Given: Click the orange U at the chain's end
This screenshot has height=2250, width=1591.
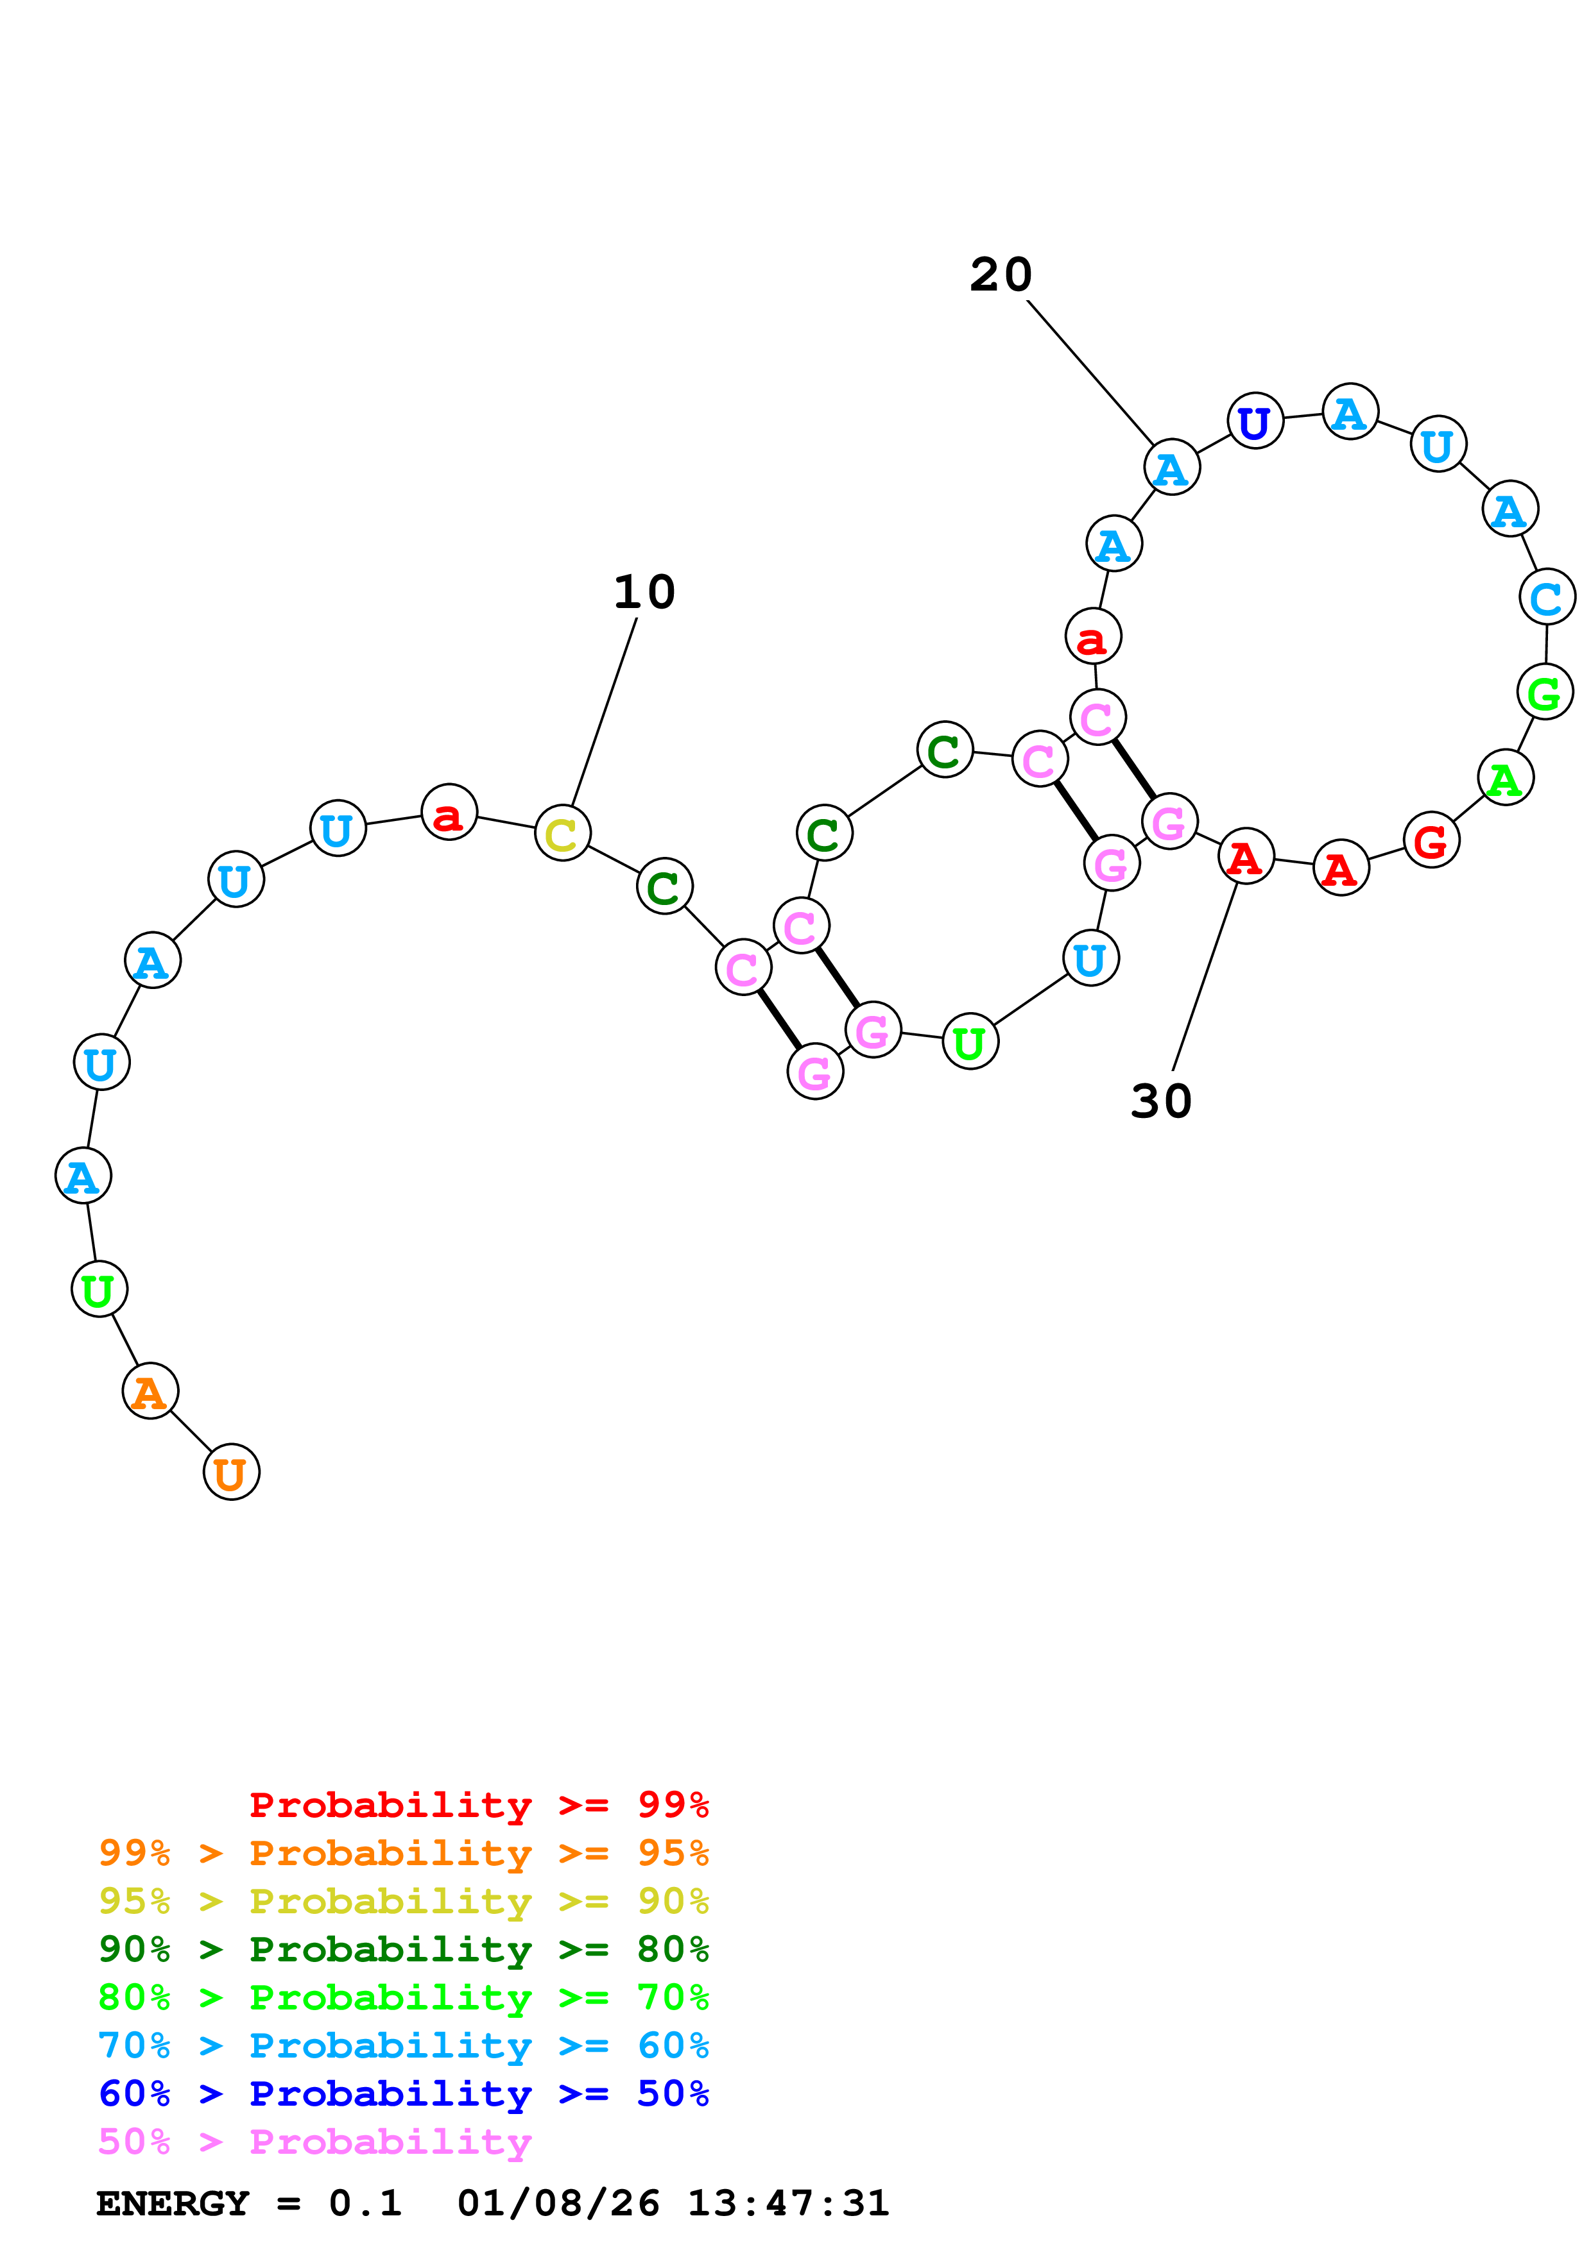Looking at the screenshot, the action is coord(231,1472).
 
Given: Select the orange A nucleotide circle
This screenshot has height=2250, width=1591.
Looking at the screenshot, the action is coord(150,1391).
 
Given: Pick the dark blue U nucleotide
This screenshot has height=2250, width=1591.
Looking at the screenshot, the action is coord(1255,421).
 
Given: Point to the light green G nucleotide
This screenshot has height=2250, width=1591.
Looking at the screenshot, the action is coord(1545,692).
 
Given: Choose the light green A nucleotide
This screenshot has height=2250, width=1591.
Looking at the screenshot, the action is coord(1505,778).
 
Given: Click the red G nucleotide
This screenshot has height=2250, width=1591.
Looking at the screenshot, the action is coord(1431,841).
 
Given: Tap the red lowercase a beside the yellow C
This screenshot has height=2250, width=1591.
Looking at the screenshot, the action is coord(449,813).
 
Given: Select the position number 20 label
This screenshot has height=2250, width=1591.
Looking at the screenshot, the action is coord(1001,275).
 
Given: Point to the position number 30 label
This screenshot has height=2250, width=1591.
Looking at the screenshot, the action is coord(1160,1101).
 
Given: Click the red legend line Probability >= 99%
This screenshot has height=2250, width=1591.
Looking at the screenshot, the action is coord(478,1805).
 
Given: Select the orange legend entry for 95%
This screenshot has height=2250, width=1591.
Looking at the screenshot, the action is coord(403,1853).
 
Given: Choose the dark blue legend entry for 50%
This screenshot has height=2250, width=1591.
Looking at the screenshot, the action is coord(403,2094).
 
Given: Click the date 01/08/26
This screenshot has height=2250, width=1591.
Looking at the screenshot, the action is coord(558,2203).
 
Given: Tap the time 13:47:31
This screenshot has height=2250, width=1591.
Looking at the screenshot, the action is coord(788,2203).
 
